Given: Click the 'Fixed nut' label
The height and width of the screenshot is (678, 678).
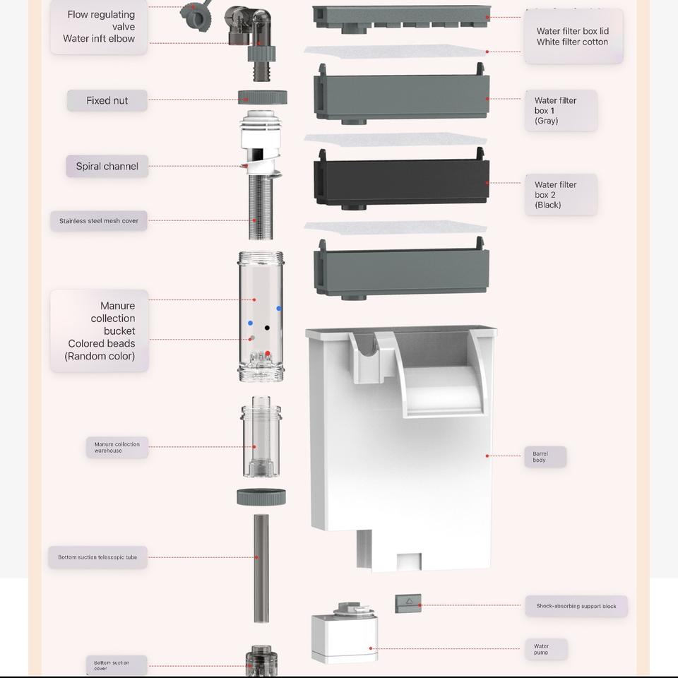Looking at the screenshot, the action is (107, 100).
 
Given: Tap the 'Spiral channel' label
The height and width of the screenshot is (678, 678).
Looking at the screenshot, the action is (107, 167).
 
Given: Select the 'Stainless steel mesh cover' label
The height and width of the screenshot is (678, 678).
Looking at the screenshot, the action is (99, 221).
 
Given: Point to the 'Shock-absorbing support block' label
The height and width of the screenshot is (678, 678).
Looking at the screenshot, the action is (576, 606).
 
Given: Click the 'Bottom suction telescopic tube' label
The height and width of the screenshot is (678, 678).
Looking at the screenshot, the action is (97, 557).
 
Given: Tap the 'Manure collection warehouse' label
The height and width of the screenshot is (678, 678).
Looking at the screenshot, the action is (117, 447).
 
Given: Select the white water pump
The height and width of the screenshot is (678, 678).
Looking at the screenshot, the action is (345, 636).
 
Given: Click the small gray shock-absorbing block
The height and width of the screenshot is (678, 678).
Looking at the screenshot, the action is (408, 602).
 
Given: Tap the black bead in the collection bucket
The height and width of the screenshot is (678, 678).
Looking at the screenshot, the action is (267, 328).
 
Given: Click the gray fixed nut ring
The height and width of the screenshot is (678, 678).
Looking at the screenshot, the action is (262, 98).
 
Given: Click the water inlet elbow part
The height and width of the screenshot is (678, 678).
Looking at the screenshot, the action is (253, 28).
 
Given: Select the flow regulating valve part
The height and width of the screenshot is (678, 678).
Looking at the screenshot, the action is (193, 13).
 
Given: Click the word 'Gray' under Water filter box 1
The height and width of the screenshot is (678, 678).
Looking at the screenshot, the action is (547, 121).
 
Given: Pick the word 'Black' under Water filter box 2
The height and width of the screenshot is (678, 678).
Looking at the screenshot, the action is (548, 205).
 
